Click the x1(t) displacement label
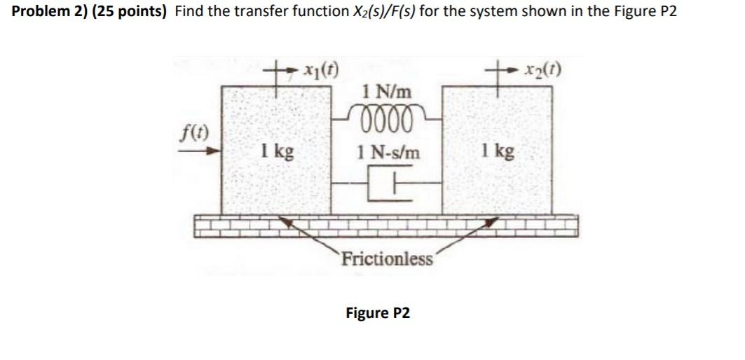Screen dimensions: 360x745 point(320,71)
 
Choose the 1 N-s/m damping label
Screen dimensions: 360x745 point(388,151)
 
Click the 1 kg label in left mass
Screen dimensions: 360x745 point(275,151)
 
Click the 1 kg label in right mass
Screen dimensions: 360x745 point(497,151)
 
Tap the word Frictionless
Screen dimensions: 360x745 point(387,260)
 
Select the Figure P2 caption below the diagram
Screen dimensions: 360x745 point(378,312)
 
